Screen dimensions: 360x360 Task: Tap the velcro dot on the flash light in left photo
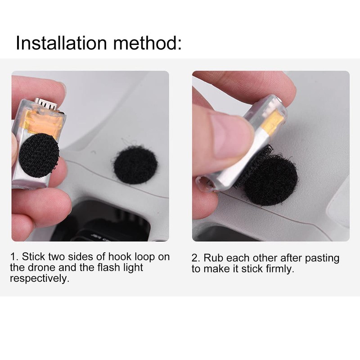click(40, 157)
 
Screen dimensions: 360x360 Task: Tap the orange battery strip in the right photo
click(272, 124)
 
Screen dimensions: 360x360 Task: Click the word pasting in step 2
click(322, 258)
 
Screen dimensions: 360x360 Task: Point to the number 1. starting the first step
click(14, 257)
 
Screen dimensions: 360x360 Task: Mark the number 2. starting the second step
click(196, 258)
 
